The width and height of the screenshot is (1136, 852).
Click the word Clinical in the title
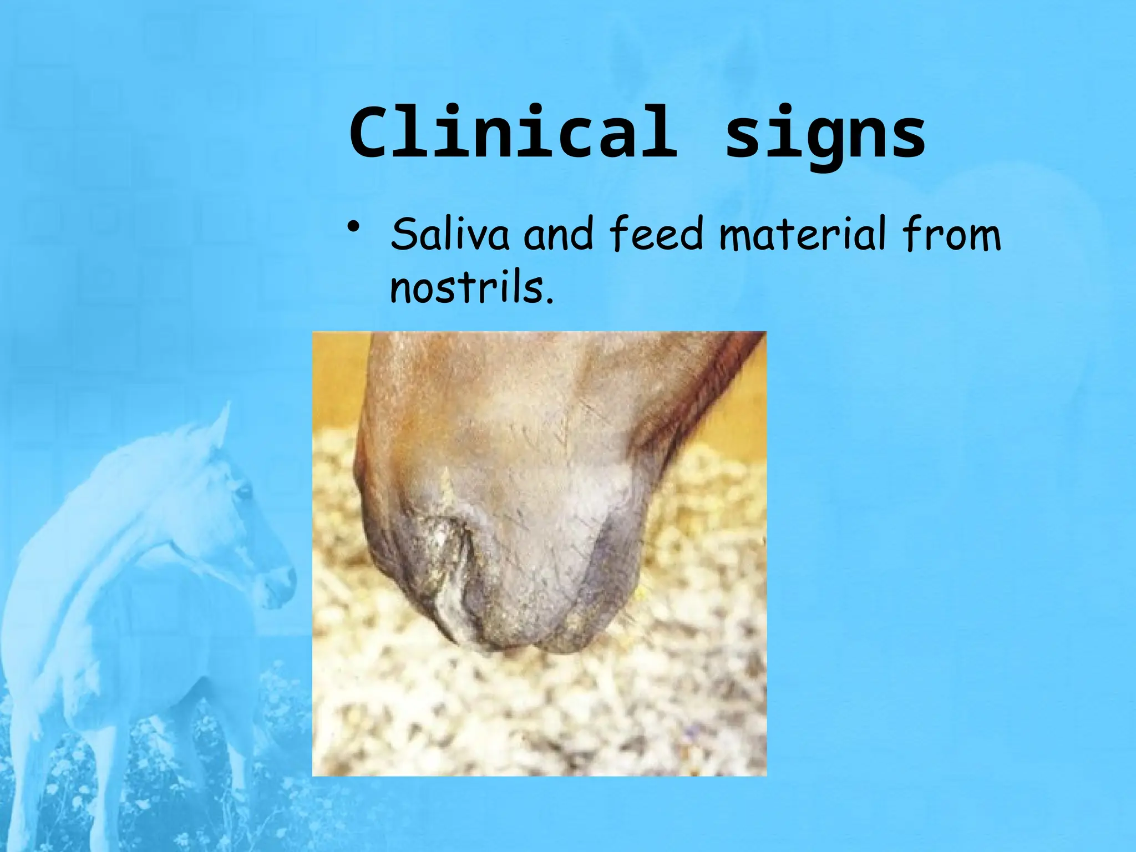[513, 133]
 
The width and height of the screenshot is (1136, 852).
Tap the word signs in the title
[825, 136]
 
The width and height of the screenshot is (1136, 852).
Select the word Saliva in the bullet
[449, 235]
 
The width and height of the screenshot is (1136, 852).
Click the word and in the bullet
[559, 235]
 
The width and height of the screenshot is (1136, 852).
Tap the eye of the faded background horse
[242, 491]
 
